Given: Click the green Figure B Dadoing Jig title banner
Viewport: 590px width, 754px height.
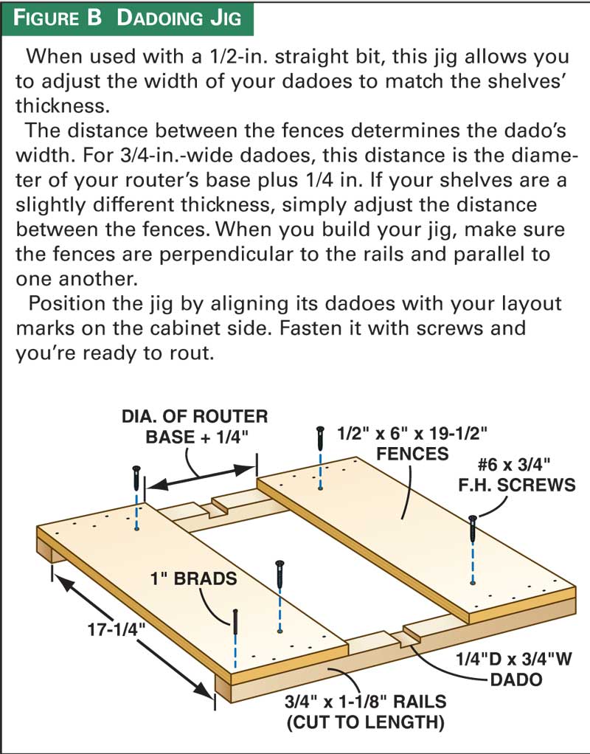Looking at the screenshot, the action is click(127, 18).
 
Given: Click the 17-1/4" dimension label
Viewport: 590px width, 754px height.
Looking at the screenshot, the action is click(117, 629).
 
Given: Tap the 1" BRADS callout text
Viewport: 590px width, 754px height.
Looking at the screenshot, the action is click(193, 578).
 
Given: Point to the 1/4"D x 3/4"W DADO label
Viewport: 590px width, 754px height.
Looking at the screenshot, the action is click(514, 669).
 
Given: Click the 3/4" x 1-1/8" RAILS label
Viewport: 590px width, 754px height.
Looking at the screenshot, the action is click(366, 712).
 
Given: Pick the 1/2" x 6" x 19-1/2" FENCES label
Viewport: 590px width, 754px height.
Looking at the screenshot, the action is click(412, 443).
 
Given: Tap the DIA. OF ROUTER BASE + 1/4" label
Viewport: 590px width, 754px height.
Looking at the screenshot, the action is click(195, 426).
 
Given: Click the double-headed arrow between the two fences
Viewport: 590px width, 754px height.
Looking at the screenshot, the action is click(201, 477).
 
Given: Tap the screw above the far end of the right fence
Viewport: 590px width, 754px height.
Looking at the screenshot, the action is click(320, 437).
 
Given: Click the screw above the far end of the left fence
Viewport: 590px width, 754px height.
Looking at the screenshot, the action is click(136, 477).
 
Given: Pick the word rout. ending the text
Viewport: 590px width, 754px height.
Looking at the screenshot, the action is click(190, 354).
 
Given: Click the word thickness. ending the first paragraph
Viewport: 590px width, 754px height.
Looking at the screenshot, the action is click(63, 106).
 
